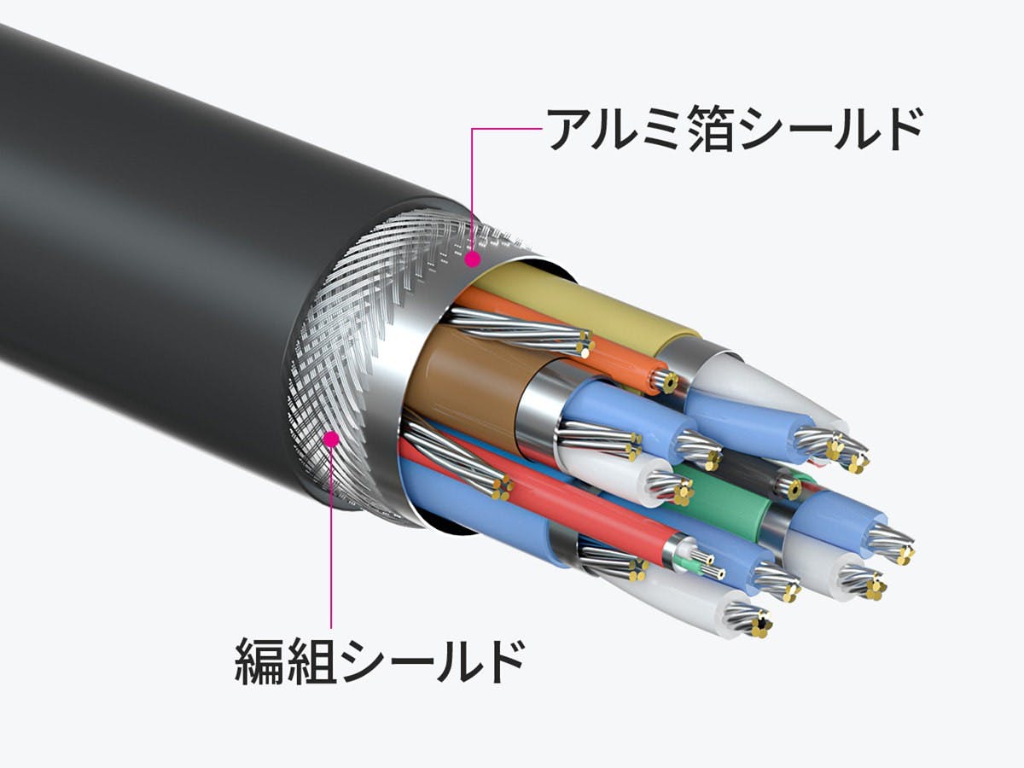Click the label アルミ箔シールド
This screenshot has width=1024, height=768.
pyautogui.click(x=734, y=129)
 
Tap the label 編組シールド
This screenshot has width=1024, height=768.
pyautogui.click(x=380, y=661)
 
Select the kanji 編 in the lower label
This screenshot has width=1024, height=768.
pyautogui.click(x=259, y=661)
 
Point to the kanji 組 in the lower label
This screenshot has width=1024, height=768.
pyautogui.click(x=311, y=661)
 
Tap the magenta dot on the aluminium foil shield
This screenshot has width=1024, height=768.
pyautogui.click(x=473, y=259)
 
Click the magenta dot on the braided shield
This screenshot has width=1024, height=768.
pyautogui.click(x=331, y=439)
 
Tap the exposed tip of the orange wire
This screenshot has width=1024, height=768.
pyautogui.click(x=666, y=379)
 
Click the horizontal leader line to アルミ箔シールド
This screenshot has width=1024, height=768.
pyautogui.click(x=507, y=129)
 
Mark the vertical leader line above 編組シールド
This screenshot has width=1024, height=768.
pyautogui.click(x=331, y=535)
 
